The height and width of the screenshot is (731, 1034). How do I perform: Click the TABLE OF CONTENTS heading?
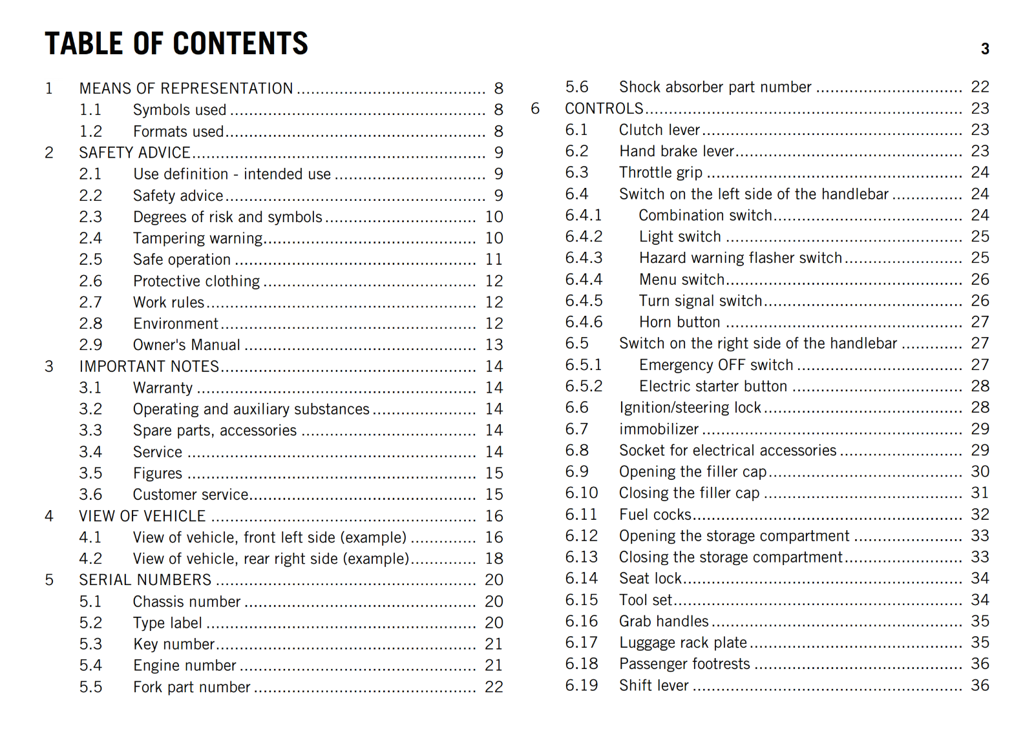(x=176, y=44)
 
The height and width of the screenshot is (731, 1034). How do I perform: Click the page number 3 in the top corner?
(x=985, y=49)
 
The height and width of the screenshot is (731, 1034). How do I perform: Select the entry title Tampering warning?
(x=198, y=238)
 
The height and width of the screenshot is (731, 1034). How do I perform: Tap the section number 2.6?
(x=90, y=281)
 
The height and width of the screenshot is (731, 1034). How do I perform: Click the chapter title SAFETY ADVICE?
(x=134, y=152)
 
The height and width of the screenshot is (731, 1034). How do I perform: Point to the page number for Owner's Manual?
(x=494, y=345)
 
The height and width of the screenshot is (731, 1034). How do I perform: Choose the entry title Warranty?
(x=163, y=387)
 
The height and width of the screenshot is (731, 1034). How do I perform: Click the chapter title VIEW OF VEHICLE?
(x=142, y=516)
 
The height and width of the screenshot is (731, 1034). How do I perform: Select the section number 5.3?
(x=90, y=644)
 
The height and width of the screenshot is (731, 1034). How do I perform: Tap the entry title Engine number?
(x=185, y=665)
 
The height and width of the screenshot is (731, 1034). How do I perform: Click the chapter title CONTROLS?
(x=604, y=108)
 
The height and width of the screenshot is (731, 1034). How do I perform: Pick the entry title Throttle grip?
(x=660, y=172)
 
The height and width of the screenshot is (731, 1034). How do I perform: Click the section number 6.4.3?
(x=584, y=258)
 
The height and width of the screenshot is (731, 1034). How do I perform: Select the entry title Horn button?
(x=679, y=322)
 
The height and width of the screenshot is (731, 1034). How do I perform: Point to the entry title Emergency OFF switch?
(x=716, y=365)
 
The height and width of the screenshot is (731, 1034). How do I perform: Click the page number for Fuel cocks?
(x=980, y=514)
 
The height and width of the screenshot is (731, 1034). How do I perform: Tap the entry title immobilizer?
(x=659, y=429)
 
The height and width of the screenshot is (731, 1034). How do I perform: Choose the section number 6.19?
(x=582, y=685)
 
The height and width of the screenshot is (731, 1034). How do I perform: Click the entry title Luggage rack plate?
(x=683, y=643)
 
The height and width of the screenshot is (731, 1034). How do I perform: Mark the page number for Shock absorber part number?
(x=980, y=87)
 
